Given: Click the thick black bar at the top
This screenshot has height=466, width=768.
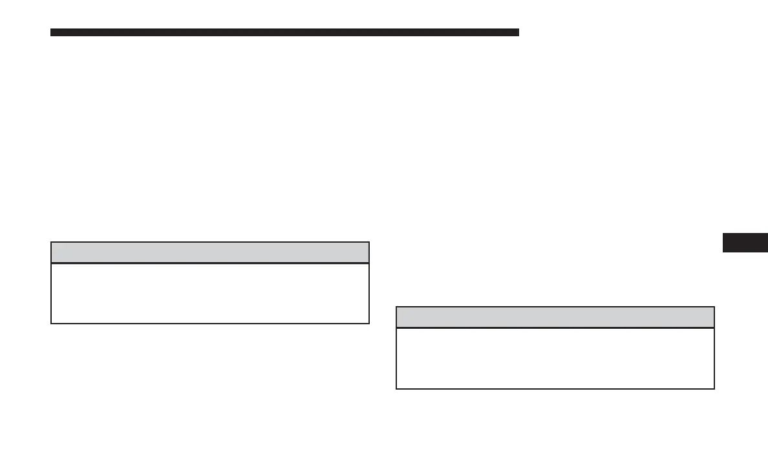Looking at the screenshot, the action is click(x=284, y=32).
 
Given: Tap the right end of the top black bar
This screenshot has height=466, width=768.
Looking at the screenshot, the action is click(x=517, y=32).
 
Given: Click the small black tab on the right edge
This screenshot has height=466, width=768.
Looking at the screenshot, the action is click(x=745, y=242).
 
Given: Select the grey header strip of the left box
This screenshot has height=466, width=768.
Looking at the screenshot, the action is click(x=210, y=252).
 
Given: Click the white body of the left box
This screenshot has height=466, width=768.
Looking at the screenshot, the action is click(x=210, y=293).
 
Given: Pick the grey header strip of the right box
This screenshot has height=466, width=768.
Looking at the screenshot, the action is click(x=555, y=317).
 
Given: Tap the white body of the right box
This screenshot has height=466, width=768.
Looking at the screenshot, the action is click(x=555, y=358).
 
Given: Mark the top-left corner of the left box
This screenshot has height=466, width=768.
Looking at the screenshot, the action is click(x=51, y=243).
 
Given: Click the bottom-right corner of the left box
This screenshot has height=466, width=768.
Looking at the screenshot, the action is click(x=368, y=323).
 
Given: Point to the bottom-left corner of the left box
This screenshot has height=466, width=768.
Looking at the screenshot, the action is click(x=51, y=323).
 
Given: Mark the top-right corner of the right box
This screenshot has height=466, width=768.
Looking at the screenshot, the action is click(x=714, y=307).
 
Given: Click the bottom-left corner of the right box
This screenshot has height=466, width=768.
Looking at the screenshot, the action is click(x=396, y=388).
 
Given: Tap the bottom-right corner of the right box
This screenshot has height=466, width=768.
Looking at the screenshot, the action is click(x=714, y=388).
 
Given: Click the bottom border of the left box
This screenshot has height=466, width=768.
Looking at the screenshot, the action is click(x=210, y=323).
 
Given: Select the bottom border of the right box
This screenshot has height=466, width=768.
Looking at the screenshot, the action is click(x=555, y=388).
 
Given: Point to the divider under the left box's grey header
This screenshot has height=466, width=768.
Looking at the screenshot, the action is click(x=210, y=263).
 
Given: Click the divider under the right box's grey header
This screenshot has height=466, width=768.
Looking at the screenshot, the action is click(x=555, y=327).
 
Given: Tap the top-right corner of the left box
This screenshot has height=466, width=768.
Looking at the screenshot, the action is click(x=368, y=243).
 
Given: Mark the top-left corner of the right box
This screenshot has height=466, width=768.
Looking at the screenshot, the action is click(x=396, y=307).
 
